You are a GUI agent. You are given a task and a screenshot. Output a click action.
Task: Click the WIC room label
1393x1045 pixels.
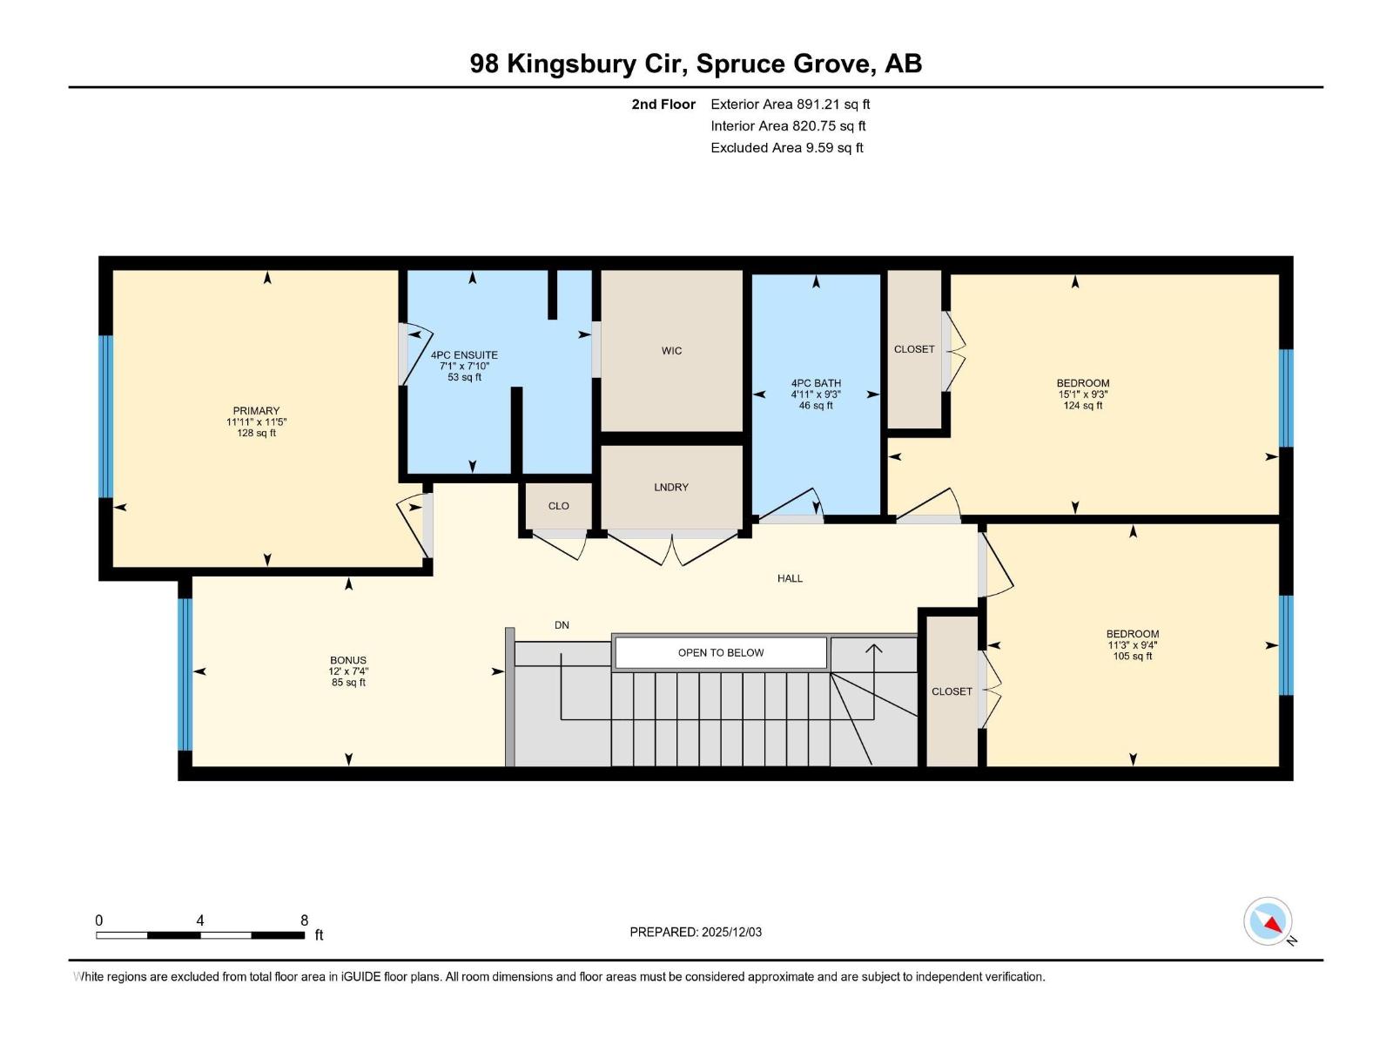(x=671, y=351)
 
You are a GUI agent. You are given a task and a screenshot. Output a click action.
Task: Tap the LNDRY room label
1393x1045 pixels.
(x=671, y=488)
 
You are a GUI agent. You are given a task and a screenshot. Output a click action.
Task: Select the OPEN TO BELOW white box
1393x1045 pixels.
(x=721, y=652)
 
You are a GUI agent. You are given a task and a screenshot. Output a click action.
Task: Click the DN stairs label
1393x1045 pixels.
(x=562, y=625)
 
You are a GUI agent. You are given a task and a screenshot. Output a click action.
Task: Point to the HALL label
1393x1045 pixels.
(x=790, y=578)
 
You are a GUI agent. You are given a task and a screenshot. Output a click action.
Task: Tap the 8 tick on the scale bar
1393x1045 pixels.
(x=304, y=920)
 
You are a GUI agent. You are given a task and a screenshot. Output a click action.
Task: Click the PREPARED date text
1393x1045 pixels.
(x=696, y=932)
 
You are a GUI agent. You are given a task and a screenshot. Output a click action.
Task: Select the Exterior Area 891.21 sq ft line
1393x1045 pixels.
(x=790, y=104)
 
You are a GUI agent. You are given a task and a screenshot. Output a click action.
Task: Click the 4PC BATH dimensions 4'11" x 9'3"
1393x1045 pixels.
(x=816, y=394)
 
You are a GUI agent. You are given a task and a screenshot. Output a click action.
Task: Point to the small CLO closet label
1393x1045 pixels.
(x=558, y=506)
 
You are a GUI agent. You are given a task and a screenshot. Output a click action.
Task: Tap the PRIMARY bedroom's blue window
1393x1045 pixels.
(x=106, y=416)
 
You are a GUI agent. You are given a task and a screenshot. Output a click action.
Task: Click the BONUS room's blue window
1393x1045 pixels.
(x=185, y=674)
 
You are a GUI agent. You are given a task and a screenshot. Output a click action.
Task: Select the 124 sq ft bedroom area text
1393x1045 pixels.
(x=1083, y=406)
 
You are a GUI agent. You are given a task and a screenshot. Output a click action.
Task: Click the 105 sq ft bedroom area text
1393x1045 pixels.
(x=1132, y=657)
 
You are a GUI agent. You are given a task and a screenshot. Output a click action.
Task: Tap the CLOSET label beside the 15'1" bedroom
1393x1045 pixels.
(x=914, y=349)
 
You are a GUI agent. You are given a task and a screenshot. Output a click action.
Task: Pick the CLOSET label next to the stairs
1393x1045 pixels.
(x=952, y=691)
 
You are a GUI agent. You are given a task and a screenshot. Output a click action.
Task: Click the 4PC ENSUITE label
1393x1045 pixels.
(x=464, y=355)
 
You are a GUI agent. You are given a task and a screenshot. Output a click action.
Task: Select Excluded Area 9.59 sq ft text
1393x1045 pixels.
(x=786, y=148)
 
